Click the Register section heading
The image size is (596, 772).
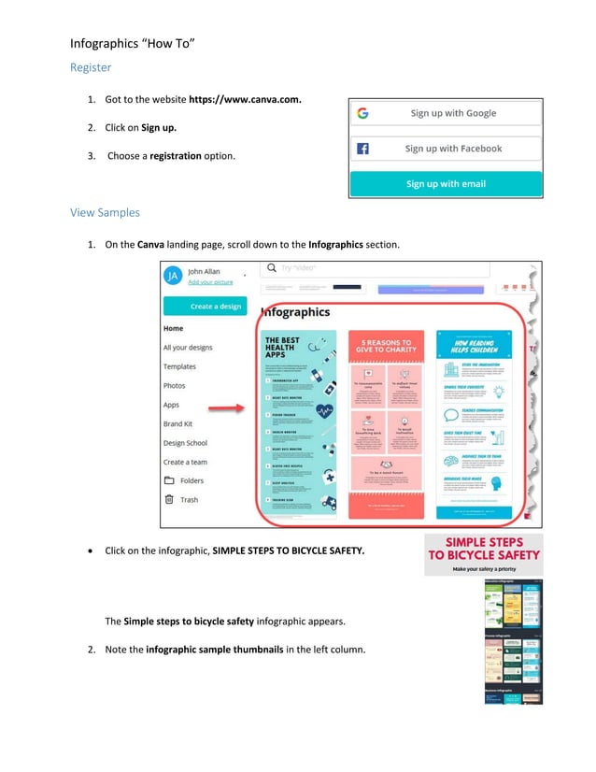(x=91, y=68)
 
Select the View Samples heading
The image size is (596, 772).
(x=105, y=212)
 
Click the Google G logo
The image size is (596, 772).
(x=362, y=113)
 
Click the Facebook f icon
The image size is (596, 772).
(x=362, y=149)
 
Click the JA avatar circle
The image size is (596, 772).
(x=173, y=276)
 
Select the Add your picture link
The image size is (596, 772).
(x=210, y=282)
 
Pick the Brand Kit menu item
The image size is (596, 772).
(x=177, y=424)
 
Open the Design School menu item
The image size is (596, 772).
(x=185, y=443)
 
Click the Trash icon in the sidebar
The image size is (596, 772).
(x=169, y=500)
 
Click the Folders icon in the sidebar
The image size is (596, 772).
(x=169, y=480)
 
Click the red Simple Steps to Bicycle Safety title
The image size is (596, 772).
(x=483, y=549)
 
